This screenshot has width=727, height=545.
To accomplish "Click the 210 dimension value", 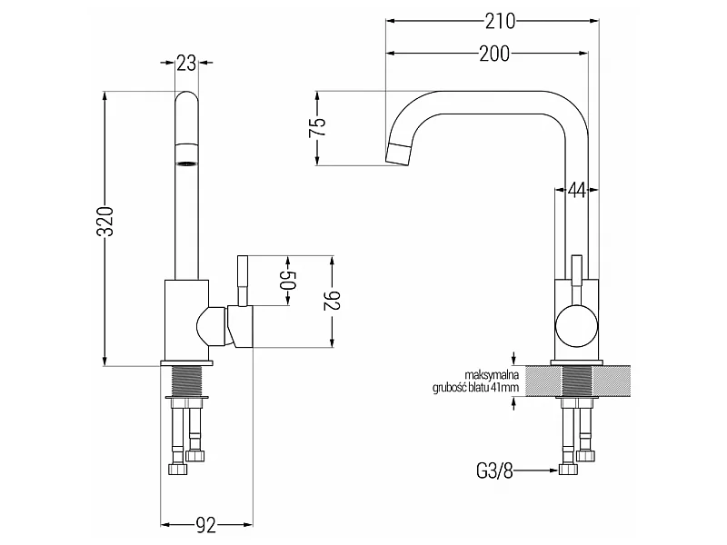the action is coord(500,21).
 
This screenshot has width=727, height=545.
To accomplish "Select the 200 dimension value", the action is coord(494,54).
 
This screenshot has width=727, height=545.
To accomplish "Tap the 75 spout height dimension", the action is coord(317,127).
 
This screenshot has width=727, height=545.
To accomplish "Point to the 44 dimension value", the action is coord(577,190).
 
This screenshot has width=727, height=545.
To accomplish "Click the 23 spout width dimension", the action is coord(186,63).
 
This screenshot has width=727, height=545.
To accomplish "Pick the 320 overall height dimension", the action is coord(105,221).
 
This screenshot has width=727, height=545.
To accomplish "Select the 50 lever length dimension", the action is coord(288,280).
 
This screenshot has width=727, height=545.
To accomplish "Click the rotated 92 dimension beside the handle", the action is coord(333,301).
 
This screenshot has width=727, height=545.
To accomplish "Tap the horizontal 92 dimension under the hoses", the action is coord(206,526).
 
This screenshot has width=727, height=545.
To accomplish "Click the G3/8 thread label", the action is coord(494,471).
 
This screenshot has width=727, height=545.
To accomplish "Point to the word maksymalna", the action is coord(492,375).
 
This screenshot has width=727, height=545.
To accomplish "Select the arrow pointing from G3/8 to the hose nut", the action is coord(535,471).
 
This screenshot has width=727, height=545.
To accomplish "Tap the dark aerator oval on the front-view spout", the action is coord(186,163).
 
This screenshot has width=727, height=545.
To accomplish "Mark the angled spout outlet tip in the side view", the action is coord(398,154).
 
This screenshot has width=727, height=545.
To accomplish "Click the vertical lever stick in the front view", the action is coord(243,281).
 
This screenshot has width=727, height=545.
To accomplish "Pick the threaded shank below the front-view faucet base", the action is coord(186,381).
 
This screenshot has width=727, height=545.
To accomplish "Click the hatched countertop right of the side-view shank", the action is coord(612,381).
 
